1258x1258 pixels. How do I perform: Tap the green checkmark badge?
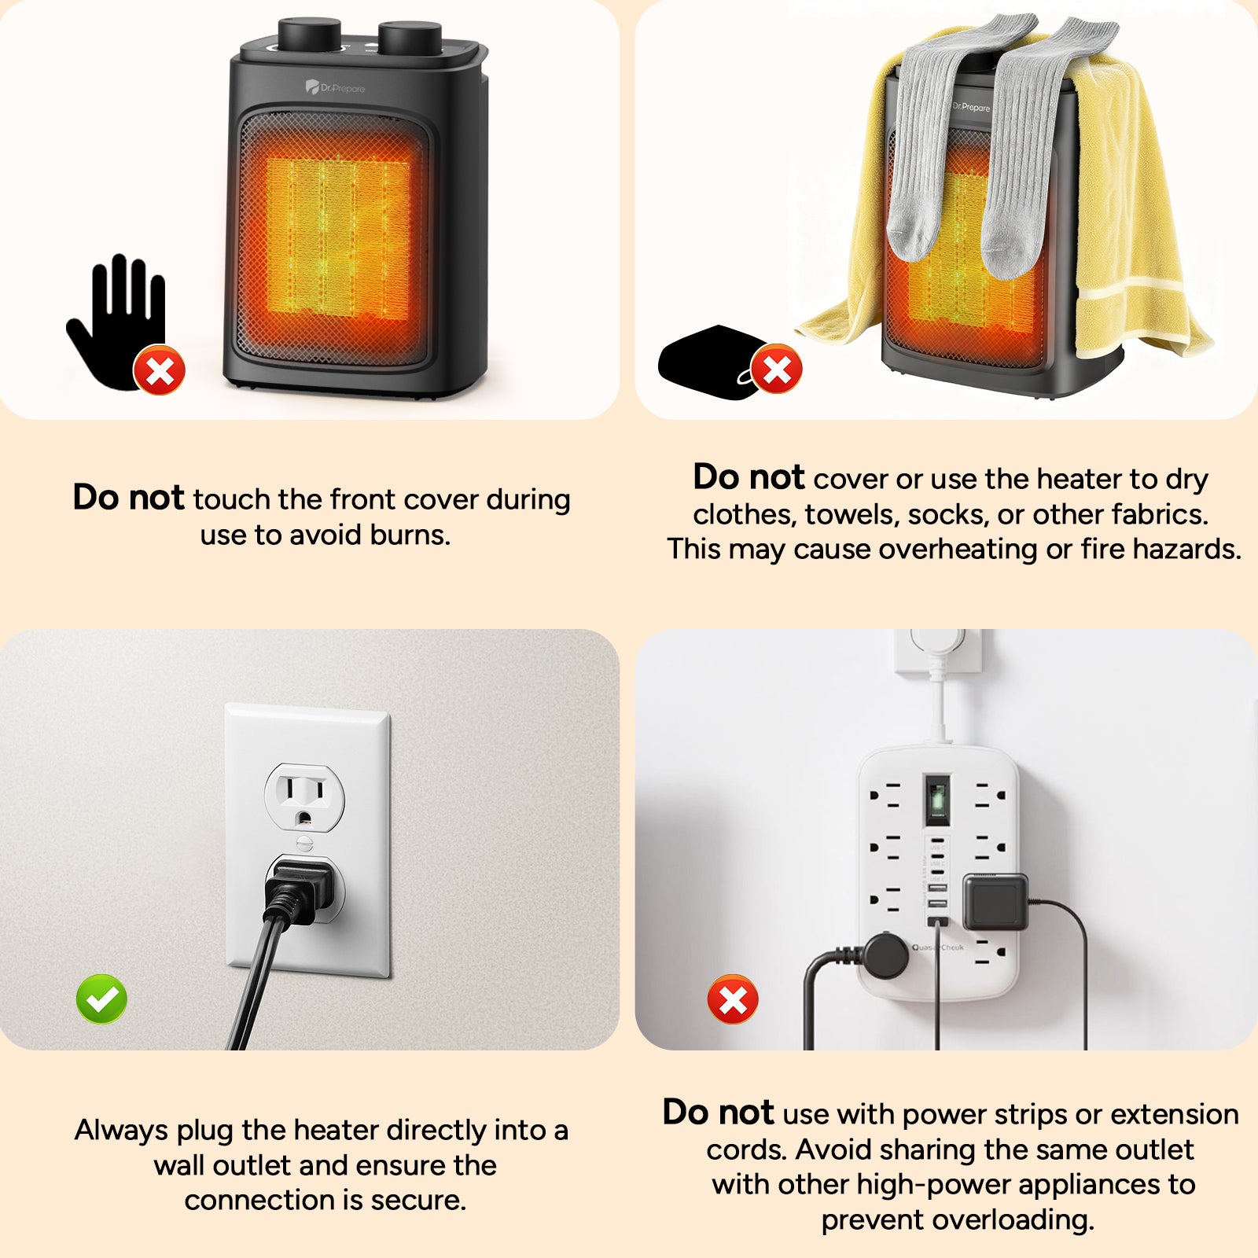tap(101, 999)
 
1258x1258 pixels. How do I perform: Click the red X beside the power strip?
tap(733, 999)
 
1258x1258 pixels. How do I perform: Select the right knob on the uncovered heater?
tap(410, 38)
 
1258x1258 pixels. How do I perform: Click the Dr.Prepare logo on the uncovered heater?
tap(336, 87)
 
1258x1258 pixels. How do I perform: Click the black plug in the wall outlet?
tap(299, 888)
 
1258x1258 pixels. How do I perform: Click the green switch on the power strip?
tap(936, 800)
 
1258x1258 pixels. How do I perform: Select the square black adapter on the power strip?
tap(995, 901)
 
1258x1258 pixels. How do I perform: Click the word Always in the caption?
tap(121, 1130)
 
